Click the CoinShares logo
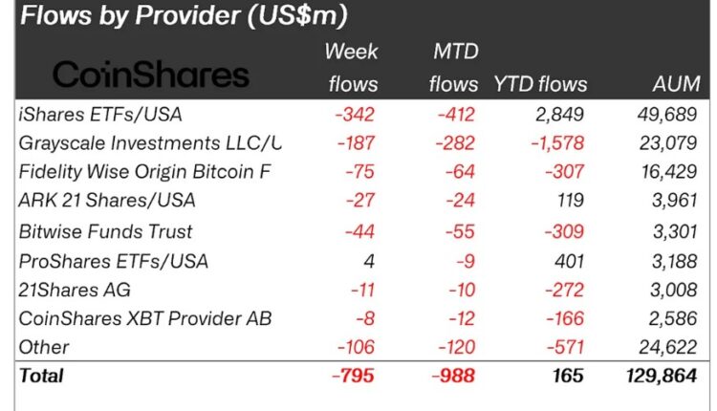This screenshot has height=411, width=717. pos(150,75)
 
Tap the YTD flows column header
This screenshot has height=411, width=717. pos(541,84)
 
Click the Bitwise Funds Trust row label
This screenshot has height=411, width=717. pos(105,231)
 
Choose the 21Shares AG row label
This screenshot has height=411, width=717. pos(76,290)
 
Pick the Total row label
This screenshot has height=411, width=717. pos(41,376)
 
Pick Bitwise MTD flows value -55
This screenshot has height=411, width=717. pos(459,231)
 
